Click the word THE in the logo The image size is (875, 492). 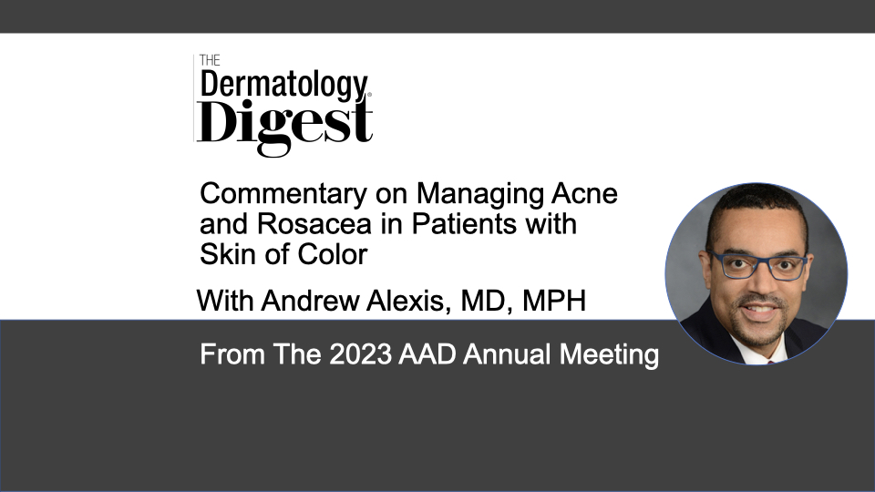[210, 60]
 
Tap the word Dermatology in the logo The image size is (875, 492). [284, 86]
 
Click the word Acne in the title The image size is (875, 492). [585, 194]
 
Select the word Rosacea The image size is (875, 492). [314, 224]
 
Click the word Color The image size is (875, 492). [333, 254]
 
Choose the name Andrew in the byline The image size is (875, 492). [310, 301]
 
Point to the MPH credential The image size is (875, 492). [554, 301]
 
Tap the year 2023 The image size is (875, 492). [361, 354]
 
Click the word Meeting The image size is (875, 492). [609, 355]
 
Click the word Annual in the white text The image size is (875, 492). [508, 354]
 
